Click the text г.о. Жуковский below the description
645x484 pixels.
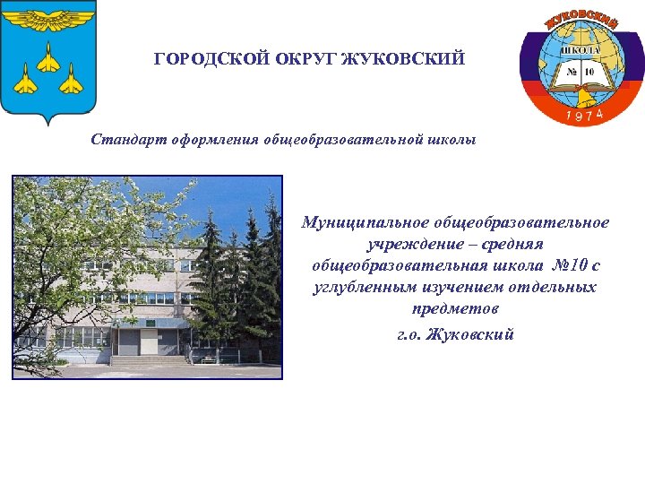click(x=455, y=334)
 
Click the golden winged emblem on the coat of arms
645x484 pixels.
click(x=48, y=17)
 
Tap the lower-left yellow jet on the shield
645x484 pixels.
click(x=27, y=82)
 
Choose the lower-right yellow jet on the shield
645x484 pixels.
click(x=71, y=82)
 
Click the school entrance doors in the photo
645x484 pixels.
click(x=130, y=341)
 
